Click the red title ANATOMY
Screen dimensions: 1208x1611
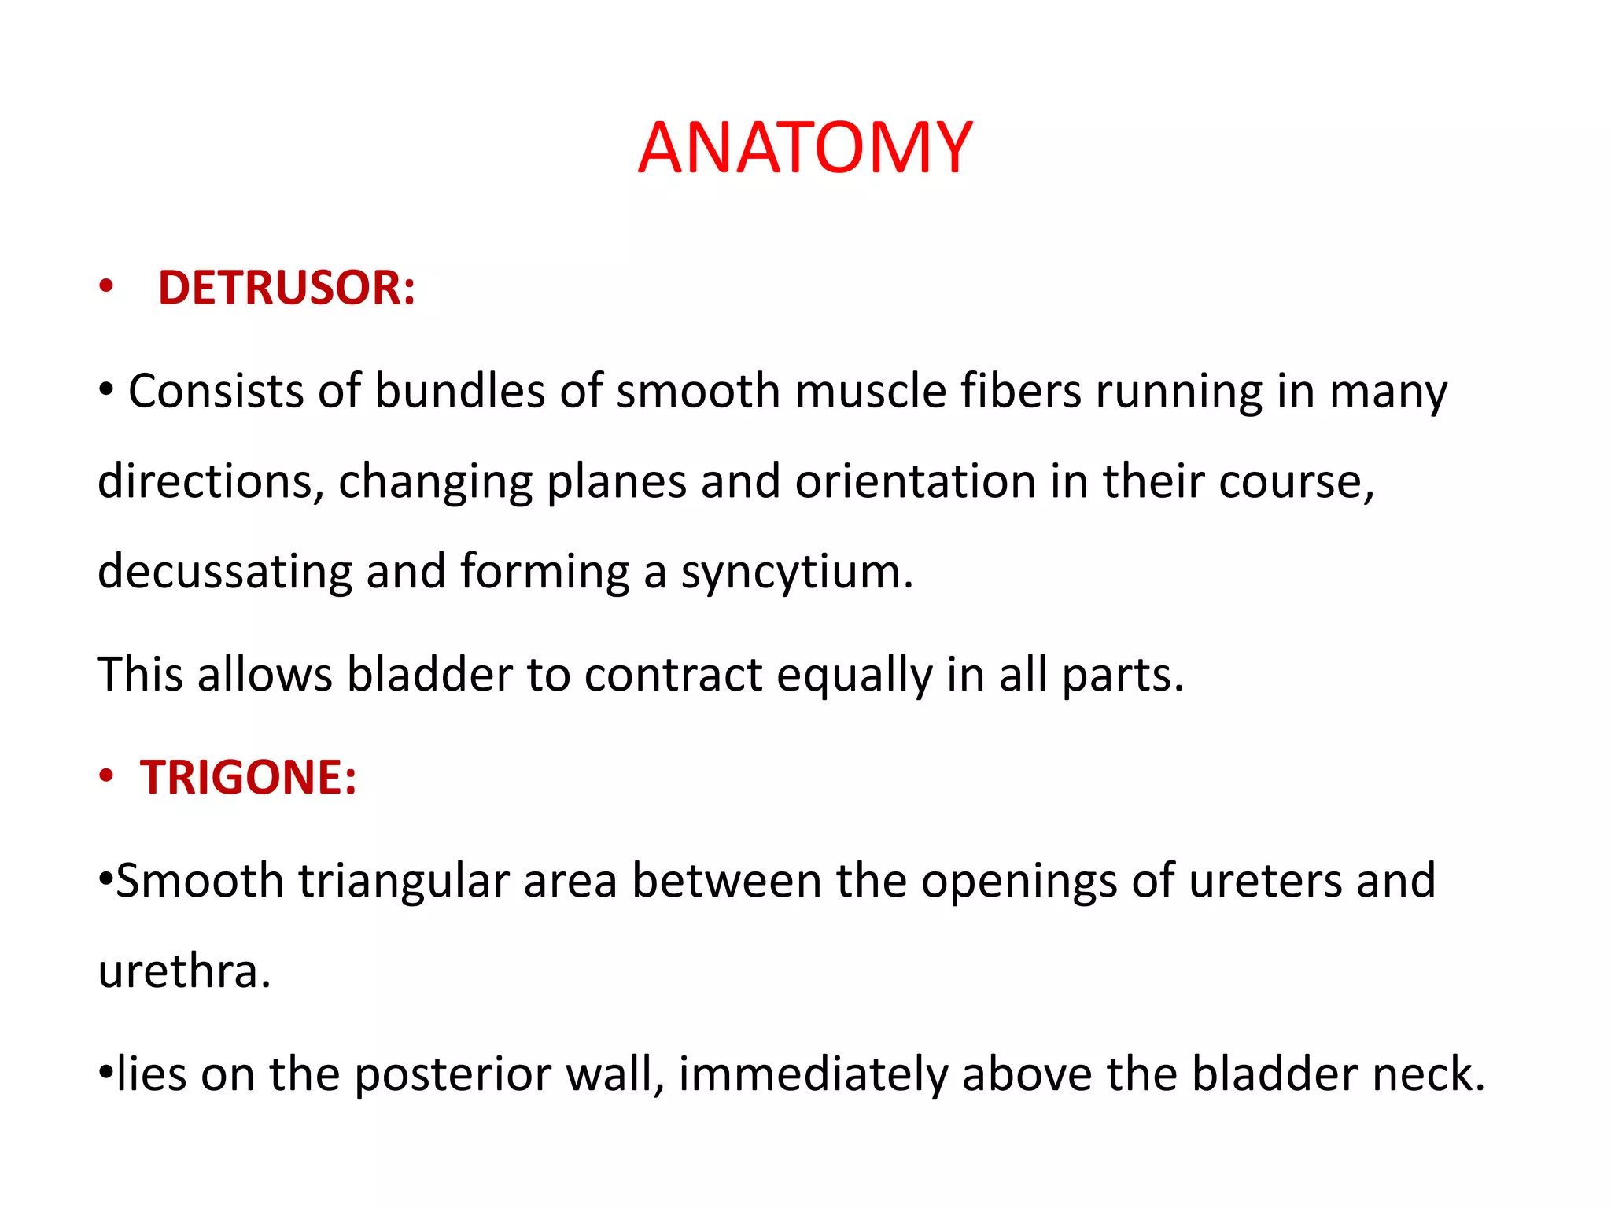(805, 148)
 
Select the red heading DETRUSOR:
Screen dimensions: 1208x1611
(286, 288)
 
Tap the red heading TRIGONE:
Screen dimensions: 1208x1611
(249, 777)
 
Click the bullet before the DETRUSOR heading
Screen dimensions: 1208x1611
(106, 288)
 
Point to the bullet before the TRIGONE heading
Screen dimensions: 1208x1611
(106, 777)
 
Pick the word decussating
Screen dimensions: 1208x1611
(224, 572)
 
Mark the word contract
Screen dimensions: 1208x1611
(673, 676)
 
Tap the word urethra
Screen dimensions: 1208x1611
(184, 971)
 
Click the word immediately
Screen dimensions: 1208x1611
(813, 1074)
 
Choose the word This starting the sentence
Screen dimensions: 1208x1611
(140, 676)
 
